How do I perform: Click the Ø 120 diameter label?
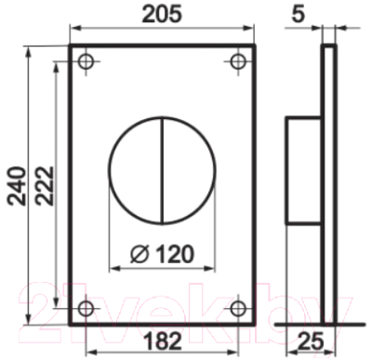pyautogui.click(x=163, y=251)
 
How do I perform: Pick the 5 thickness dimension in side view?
pyautogui.click(x=325, y=13)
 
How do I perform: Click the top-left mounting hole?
pyautogui.click(x=86, y=61)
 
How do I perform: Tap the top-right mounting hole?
pyautogui.click(x=238, y=61)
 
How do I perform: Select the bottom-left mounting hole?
pyautogui.click(x=86, y=307)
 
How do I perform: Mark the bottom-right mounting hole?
pyautogui.click(x=238, y=307)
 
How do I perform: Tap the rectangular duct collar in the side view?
pyautogui.click(x=302, y=171)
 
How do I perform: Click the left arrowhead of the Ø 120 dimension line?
pyautogui.click(x=113, y=267)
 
